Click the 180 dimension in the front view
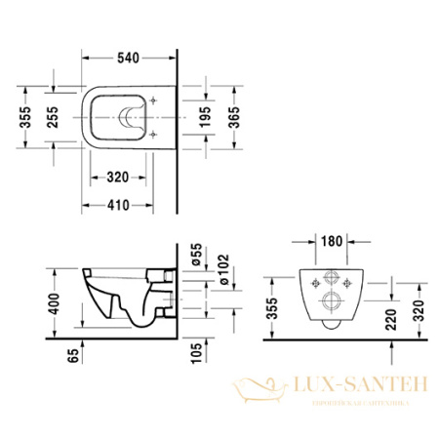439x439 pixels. [331, 239]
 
